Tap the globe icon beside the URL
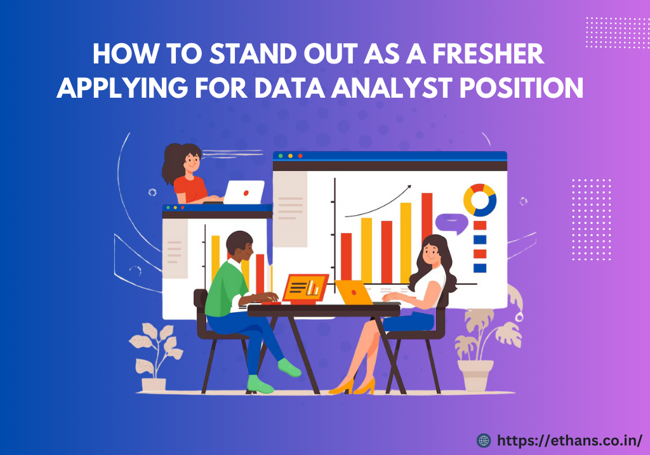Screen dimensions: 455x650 point(484,439)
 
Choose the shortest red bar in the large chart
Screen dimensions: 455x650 point(346,256)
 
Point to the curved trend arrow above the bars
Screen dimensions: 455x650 point(378,202)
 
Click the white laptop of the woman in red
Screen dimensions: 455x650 point(244,192)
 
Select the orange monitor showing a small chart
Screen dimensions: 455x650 point(305,288)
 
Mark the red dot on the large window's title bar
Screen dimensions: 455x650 point(300,155)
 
